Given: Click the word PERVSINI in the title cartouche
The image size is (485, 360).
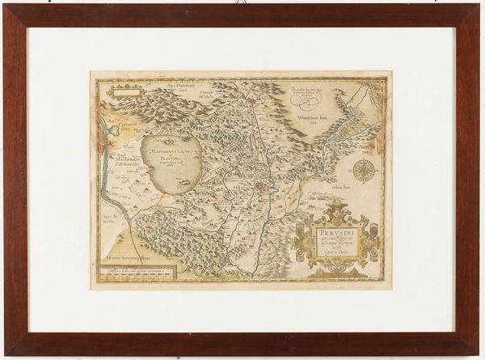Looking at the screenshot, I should (331, 233).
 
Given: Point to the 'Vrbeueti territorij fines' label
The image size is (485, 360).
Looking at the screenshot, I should (130, 256).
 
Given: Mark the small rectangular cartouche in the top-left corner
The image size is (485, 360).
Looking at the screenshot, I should (125, 91).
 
